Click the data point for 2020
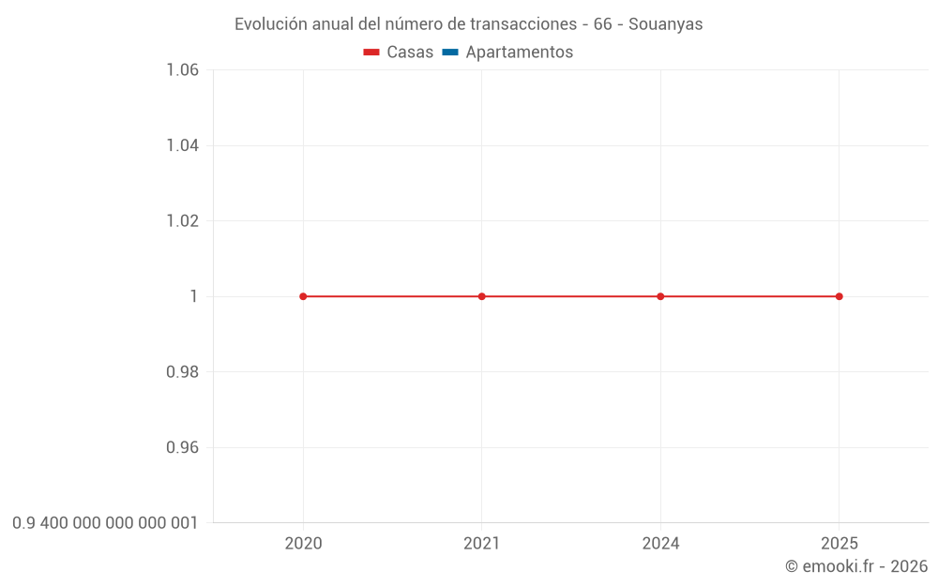pos(303,296)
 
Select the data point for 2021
pos(482,296)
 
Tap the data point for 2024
pos(660,296)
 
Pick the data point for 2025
pos(840,296)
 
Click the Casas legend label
pos(410,53)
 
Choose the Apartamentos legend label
pos(519,53)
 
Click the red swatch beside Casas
pos(371,53)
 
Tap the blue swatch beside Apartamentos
pos(450,53)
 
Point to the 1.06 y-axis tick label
pos(182,70)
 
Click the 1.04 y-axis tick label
pos(182,145)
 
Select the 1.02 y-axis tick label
pos(182,221)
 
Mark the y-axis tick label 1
pos(194,296)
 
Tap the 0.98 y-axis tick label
pos(182,372)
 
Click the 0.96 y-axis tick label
pos(182,447)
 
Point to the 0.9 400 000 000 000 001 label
pos(105,523)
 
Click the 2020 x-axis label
pos(303,544)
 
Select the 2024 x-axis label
pos(660,544)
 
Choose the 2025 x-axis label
pos(840,544)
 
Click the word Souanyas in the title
pos(665,24)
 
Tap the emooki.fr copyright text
pos(856,566)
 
